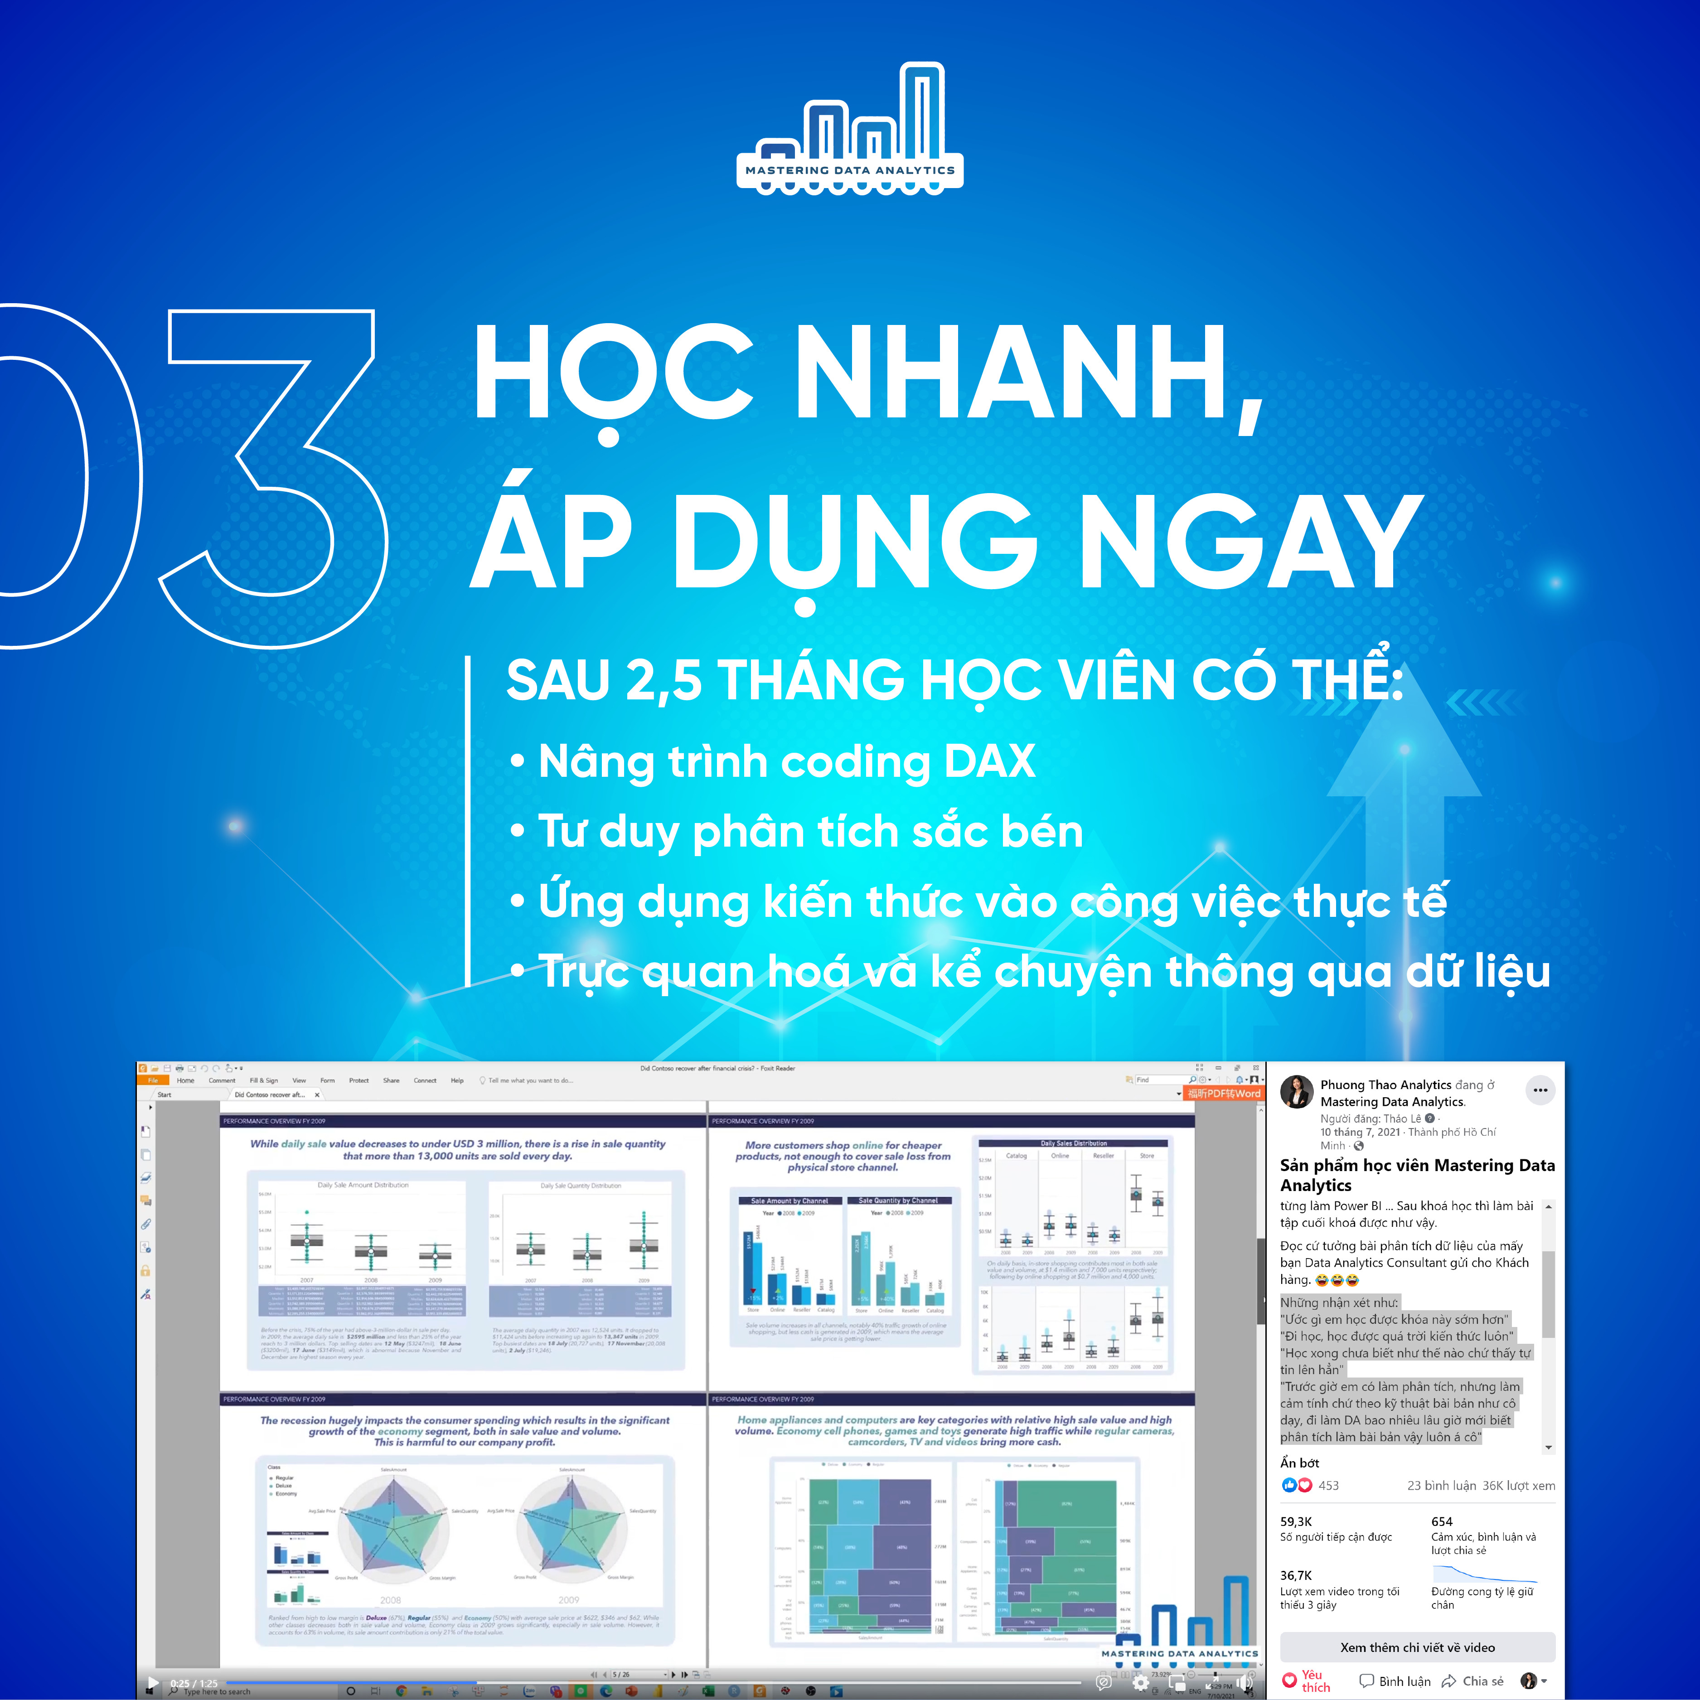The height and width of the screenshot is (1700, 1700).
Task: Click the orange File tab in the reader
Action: [x=152, y=1080]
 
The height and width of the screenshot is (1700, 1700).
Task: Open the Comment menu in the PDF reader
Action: [x=222, y=1080]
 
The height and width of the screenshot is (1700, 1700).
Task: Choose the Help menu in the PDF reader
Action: [x=457, y=1080]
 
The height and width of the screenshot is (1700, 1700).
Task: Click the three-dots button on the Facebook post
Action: [x=1540, y=1090]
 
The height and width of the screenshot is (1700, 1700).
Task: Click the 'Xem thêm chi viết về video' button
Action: [x=1417, y=1647]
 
